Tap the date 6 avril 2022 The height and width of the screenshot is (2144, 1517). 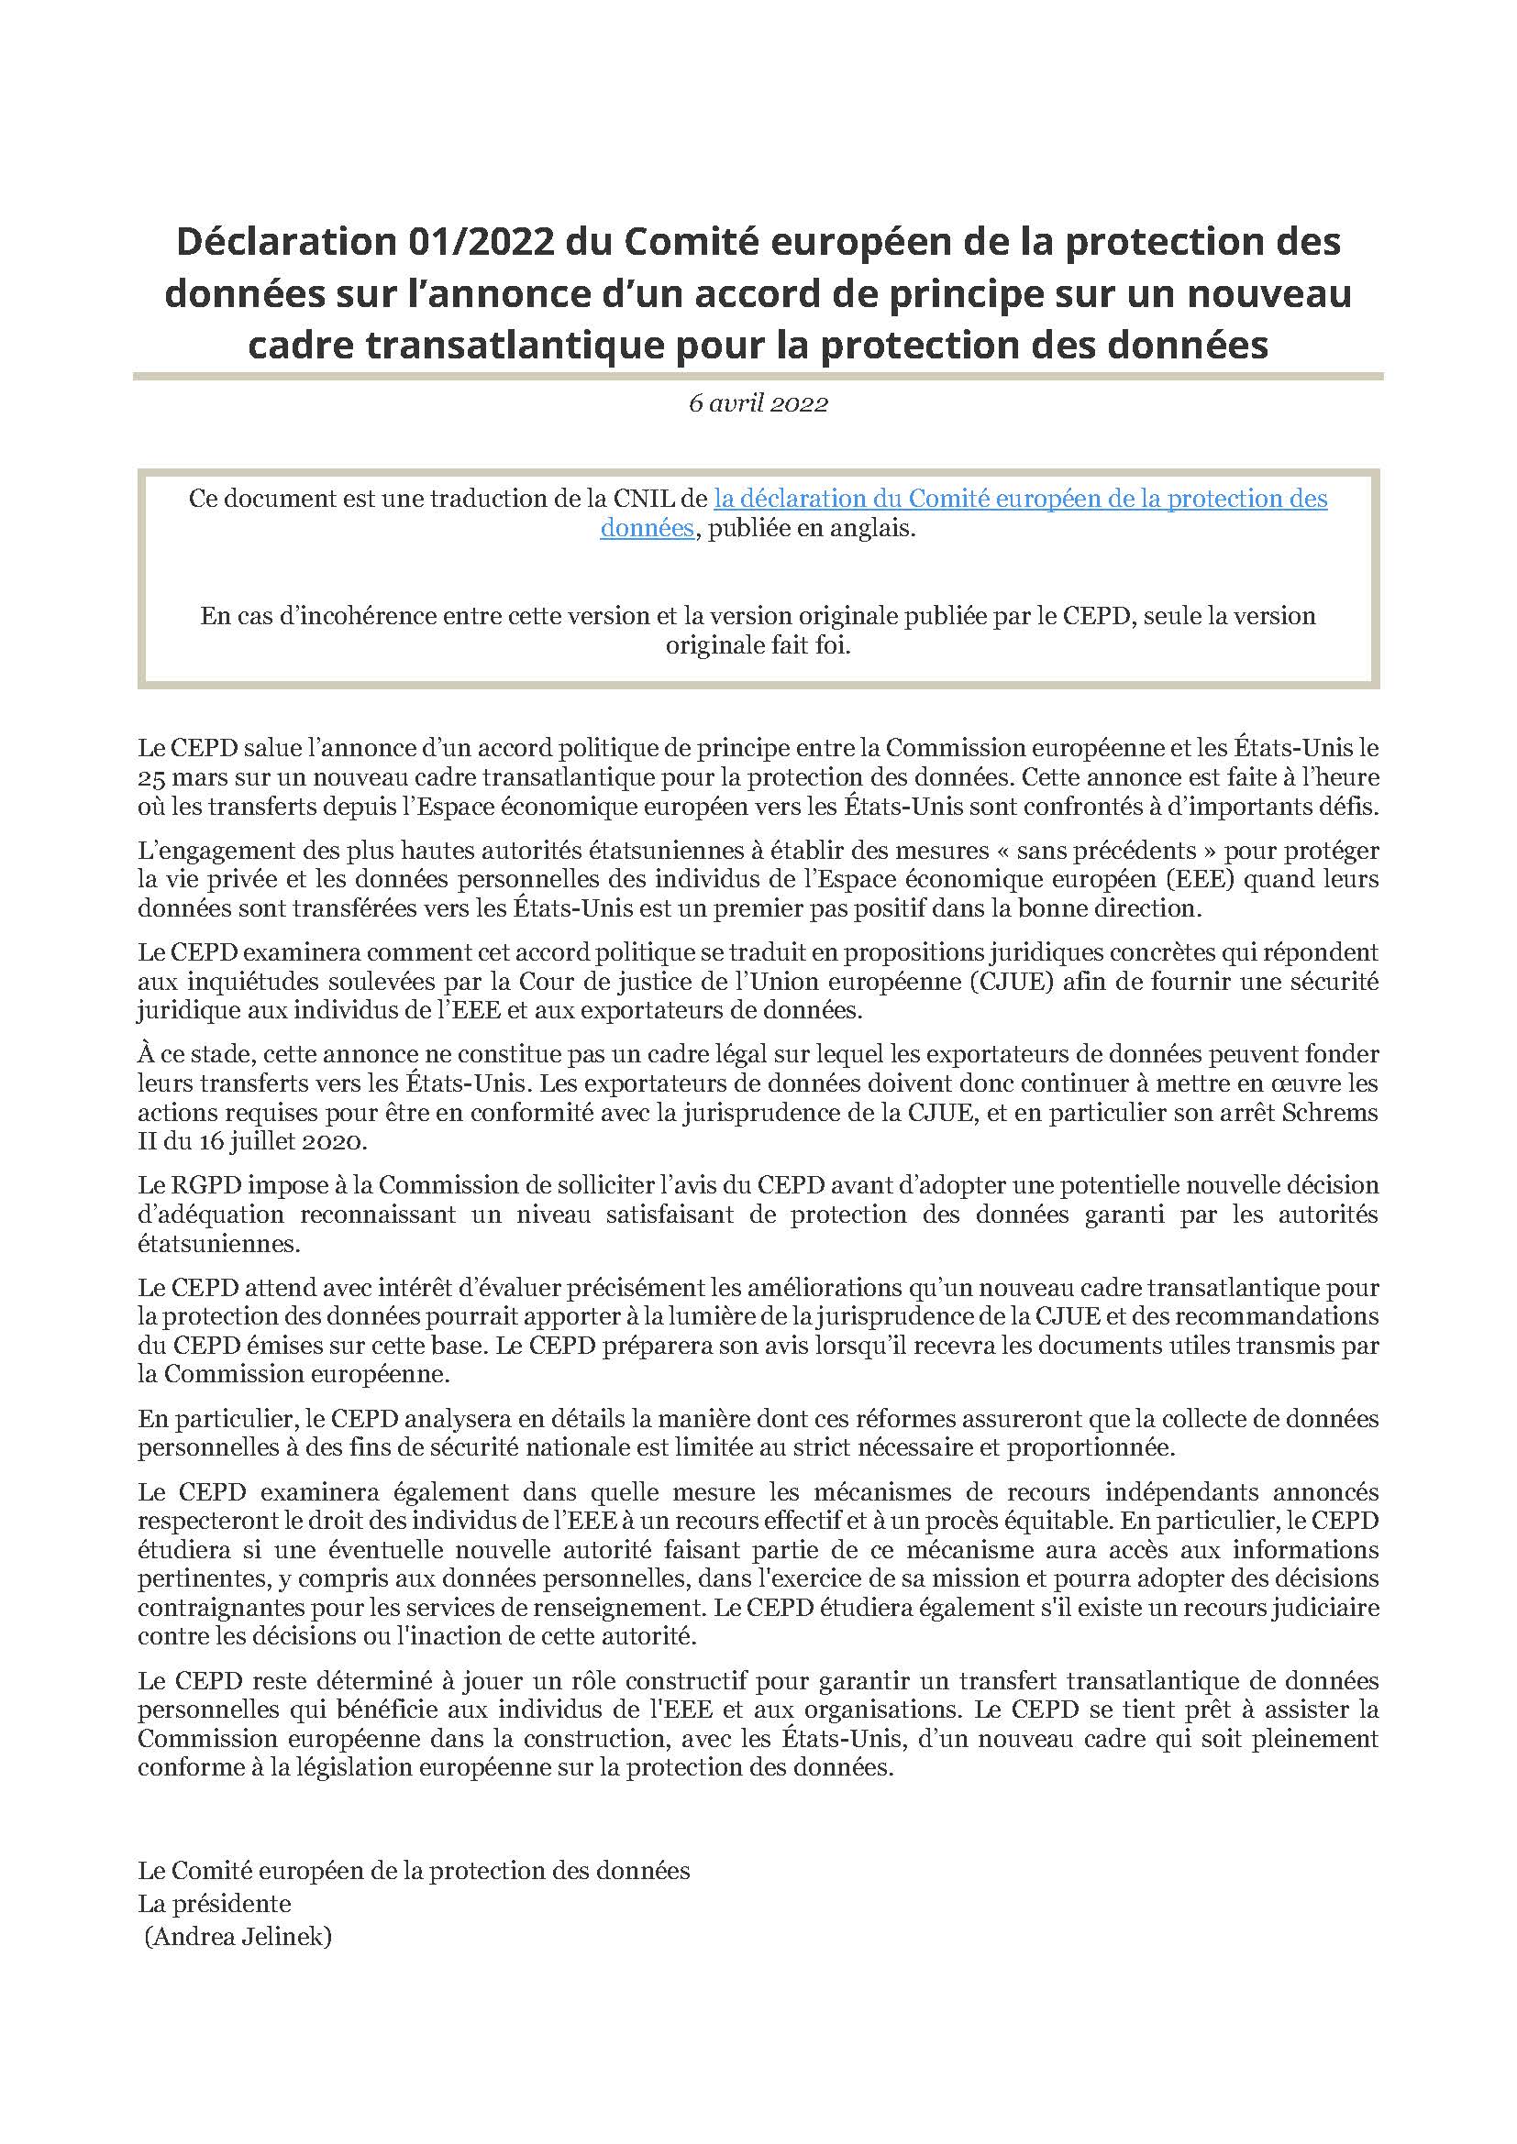pyautogui.click(x=758, y=403)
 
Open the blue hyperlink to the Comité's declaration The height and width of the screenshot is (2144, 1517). pyautogui.click(x=1020, y=499)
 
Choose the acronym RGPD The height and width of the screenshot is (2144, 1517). pyautogui.click(x=205, y=1185)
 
